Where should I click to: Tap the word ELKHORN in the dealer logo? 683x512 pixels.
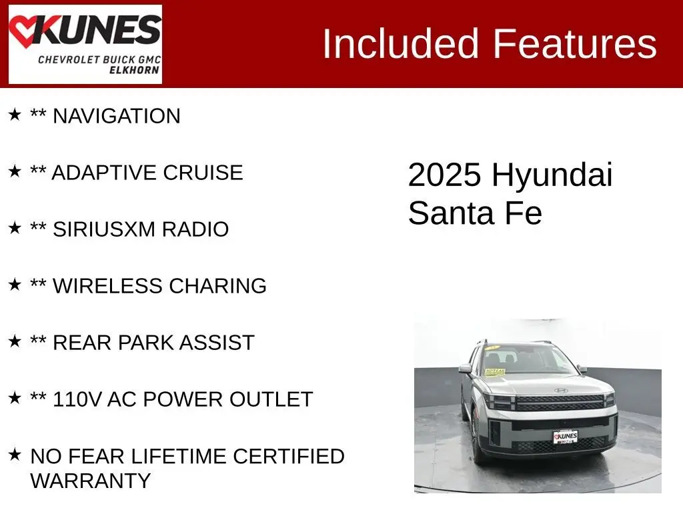(134, 70)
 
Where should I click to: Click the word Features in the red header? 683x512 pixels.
(574, 43)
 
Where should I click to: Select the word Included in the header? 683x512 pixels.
(401, 43)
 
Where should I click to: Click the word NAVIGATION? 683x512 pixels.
(117, 116)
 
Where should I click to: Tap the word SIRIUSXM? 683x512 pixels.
(104, 229)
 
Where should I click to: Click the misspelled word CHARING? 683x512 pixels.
(218, 286)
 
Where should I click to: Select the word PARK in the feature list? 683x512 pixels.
(146, 343)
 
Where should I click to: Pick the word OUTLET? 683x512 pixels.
(271, 399)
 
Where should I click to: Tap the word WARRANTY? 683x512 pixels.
(91, 481)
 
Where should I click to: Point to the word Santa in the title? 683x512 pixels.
(451, 213)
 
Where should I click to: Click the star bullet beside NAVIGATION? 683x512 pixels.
(15, 115)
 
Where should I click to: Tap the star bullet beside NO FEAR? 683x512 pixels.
(15, 455)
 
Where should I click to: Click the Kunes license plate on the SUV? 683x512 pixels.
(566, 437)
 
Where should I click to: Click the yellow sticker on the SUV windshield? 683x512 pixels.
(494, 372)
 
